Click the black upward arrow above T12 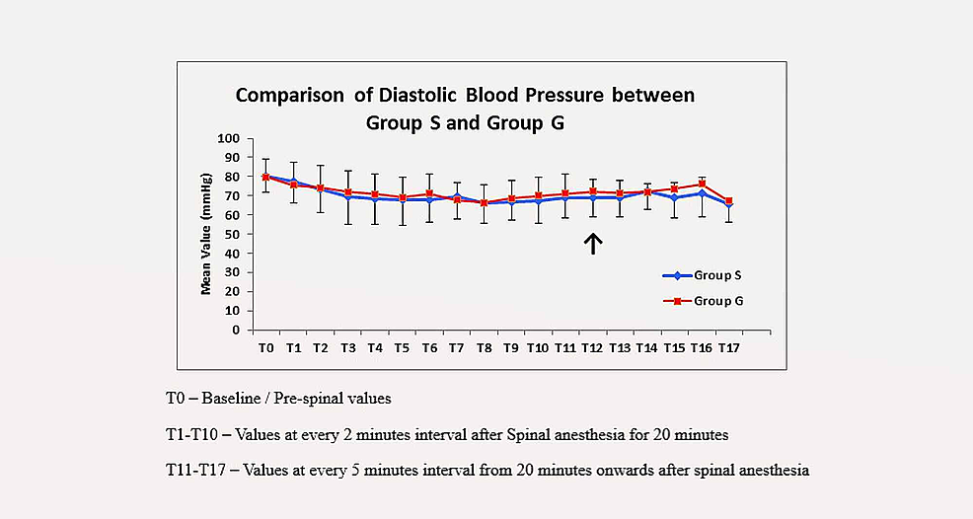click(592, 243)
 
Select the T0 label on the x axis click(265, 348)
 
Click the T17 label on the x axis click(728, 348)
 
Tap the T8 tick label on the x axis click(484, 348)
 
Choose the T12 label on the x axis click(592, 348)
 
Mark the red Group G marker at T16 click(702, 184)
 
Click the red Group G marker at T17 click(728, 201)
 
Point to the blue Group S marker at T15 click(674, 198)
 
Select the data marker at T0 click(265, 178)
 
